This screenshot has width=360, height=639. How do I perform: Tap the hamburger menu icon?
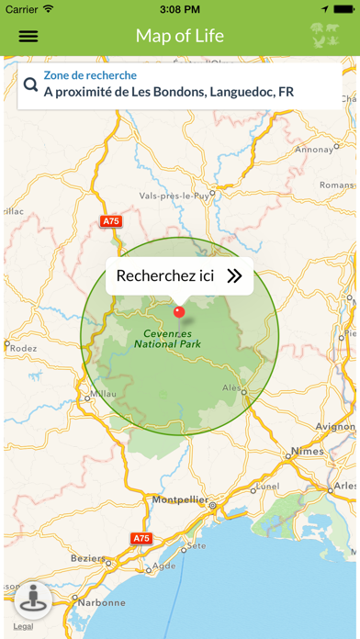click(x=28, y=37)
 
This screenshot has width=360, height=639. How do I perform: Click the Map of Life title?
click(x=180, y=36)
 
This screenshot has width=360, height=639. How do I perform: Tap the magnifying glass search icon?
click(x=30, y=84)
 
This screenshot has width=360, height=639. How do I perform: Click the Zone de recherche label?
click(x=90, y=75)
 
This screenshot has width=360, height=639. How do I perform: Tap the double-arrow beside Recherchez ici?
click(x=235, y=275)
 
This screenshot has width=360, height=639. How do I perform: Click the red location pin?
click(x=179, y=311)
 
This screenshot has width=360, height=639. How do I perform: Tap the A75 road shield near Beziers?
click(x=140, y=538)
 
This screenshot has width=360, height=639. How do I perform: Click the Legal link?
click(x=23, y=626)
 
